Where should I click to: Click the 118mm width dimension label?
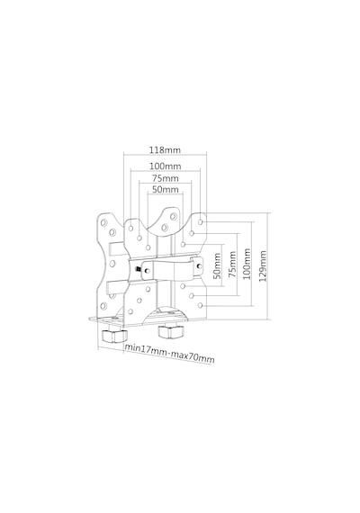165,149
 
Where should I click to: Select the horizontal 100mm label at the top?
166,166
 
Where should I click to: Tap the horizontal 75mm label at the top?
166,178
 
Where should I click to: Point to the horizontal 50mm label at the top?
166,189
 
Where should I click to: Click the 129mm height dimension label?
263,266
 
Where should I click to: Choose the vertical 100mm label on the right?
247,264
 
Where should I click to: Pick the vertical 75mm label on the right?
232,265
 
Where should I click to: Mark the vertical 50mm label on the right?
217,265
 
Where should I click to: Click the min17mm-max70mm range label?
169,354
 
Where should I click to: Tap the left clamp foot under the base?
113,335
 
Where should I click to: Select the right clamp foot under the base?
170,331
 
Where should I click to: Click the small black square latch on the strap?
139,269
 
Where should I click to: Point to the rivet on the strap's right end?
199,265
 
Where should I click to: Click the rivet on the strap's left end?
148,271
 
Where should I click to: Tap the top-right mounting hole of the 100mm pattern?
201,221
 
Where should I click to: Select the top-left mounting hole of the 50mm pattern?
148,247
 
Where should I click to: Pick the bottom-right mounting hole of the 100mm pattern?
201,305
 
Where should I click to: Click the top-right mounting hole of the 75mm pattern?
192,233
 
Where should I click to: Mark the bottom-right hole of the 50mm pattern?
183,286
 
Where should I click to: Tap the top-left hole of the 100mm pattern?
130,228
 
